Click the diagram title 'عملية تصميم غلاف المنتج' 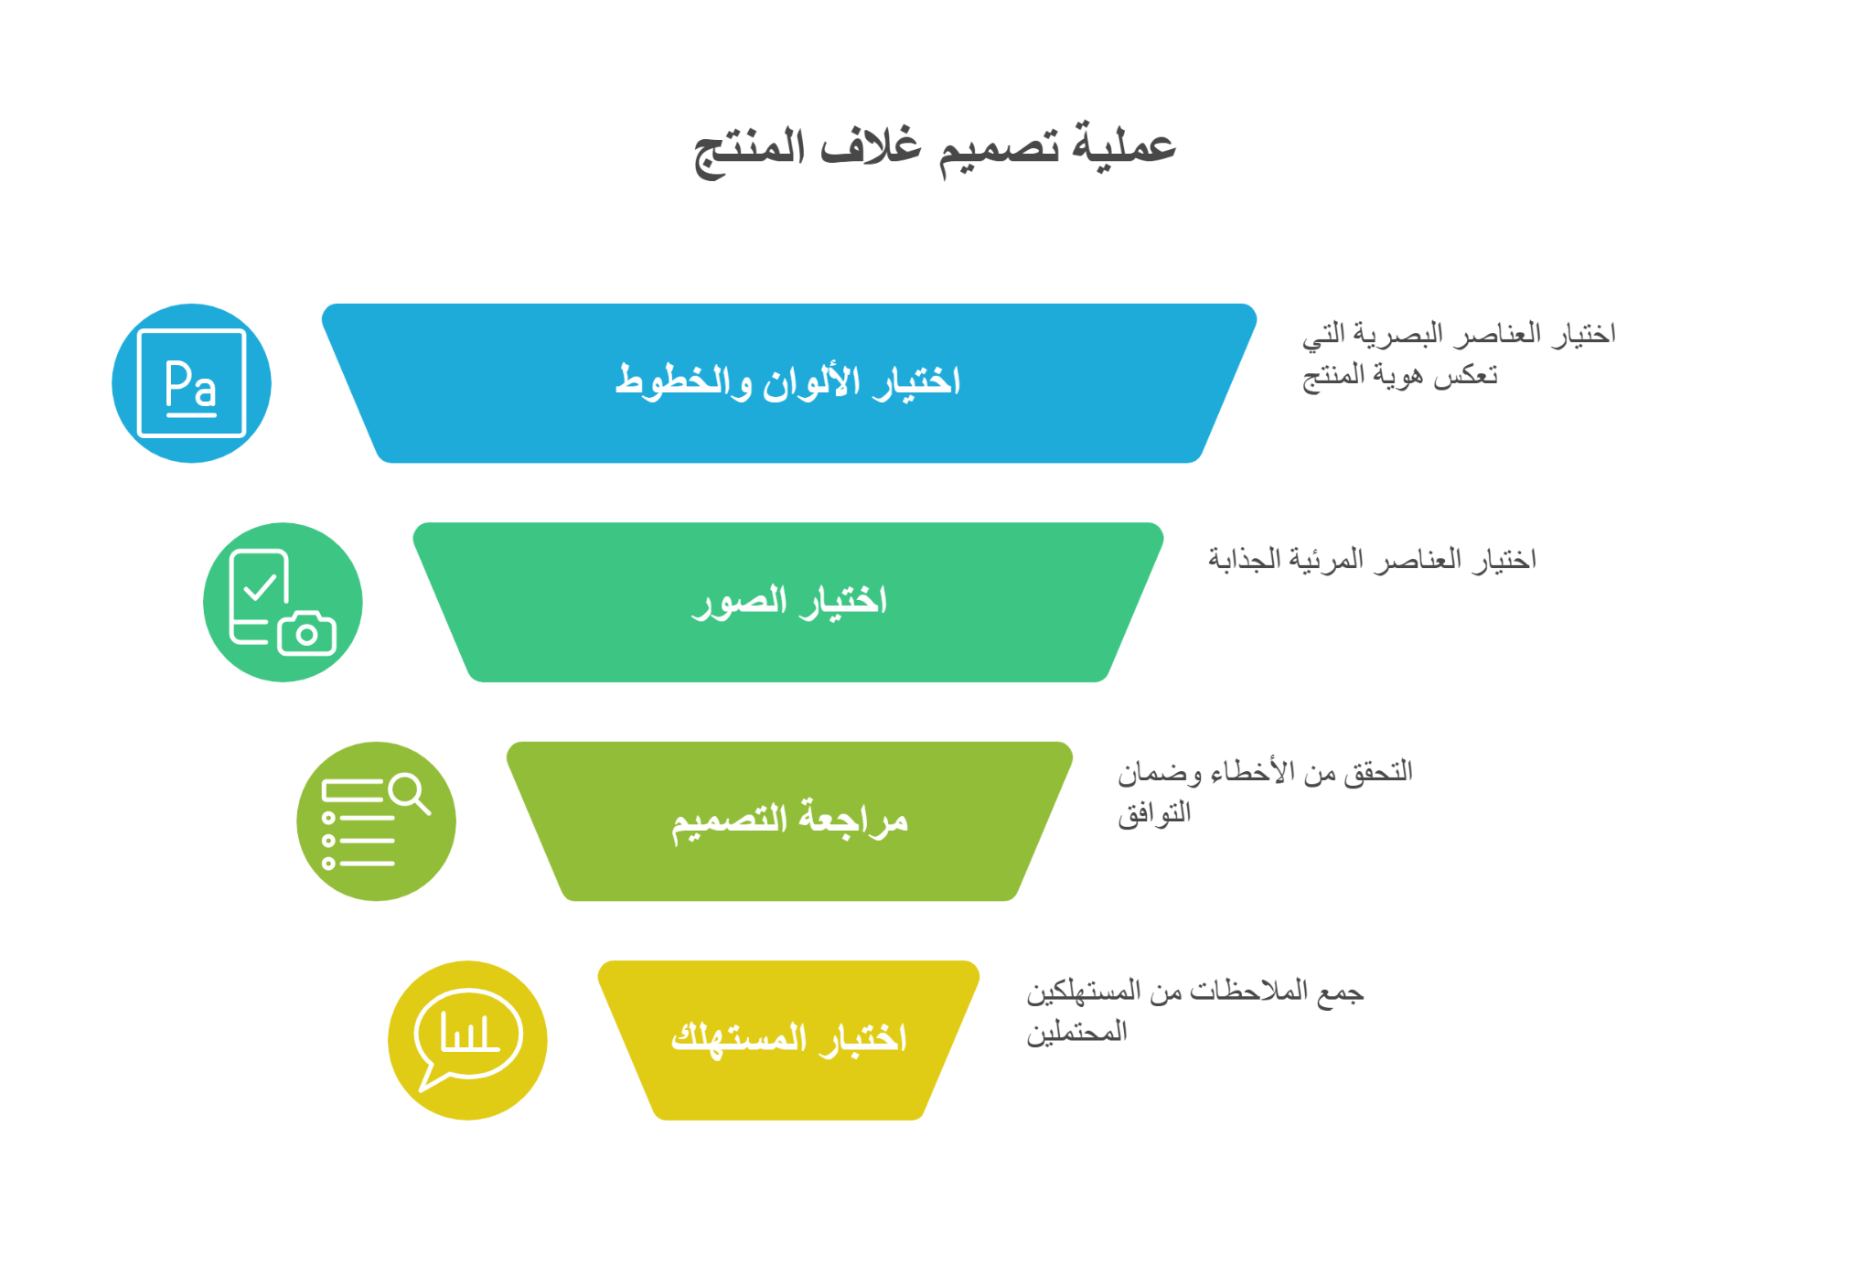(x=935, y=148)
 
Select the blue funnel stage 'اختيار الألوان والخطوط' (x=789, y=383)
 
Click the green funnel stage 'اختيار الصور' (x=788, y=602)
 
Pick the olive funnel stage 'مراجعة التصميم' (x=789, y=821)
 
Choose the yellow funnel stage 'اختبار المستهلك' (x=789, y=1040)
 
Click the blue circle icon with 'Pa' (x=191, y=383)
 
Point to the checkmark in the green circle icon (x=261, y=585)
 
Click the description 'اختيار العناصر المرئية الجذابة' (x=1372, y=559)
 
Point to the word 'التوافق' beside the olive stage (x=1154, y=812)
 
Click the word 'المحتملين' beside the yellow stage (x=1076, y=1033)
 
